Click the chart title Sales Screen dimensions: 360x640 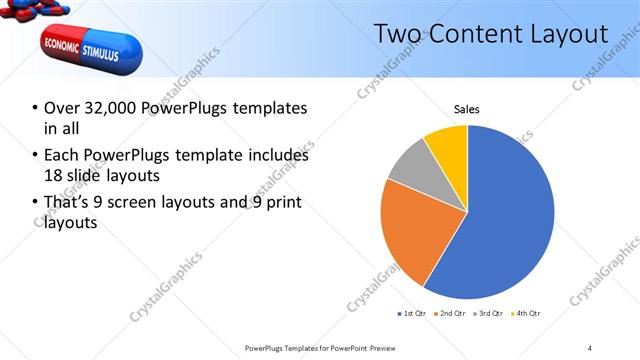point(467,108)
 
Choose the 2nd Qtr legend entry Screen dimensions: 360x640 point(450,314)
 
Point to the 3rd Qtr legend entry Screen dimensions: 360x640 point(488,314)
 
